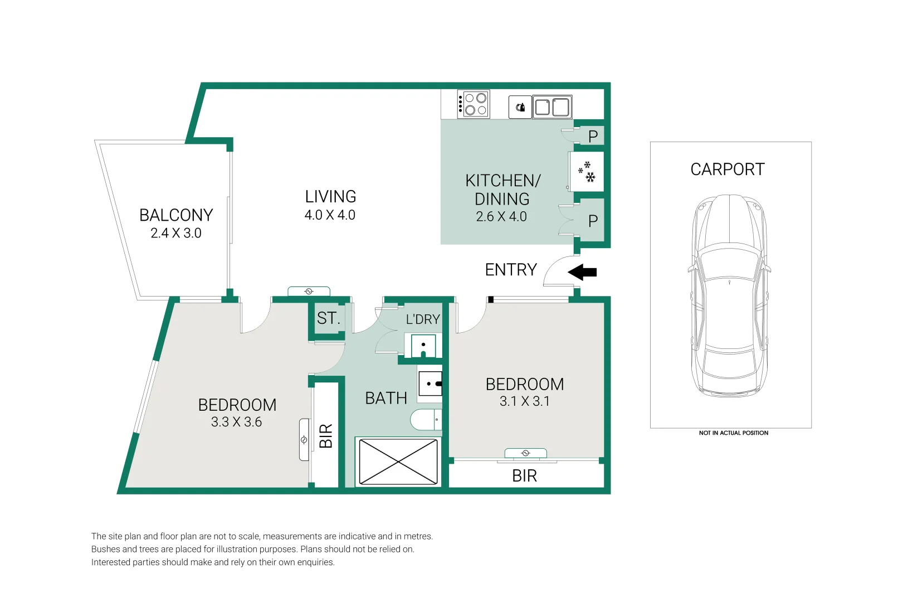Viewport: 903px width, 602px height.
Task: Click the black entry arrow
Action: [582, 273]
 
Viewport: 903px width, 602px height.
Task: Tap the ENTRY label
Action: [511, 270]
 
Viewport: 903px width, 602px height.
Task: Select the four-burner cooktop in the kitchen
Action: [474, 104]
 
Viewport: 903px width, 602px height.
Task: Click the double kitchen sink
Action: [552, 108]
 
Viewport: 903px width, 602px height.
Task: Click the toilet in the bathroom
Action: [426, 420]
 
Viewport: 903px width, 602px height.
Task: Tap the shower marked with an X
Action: [398, 462]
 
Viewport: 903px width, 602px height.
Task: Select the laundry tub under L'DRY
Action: [423, 346]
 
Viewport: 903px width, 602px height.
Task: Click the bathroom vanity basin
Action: [430, 383]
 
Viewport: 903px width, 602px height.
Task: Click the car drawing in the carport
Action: [729, 296]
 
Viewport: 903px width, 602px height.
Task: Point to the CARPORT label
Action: [727, 169]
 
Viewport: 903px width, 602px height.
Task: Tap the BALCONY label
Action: [176, 215]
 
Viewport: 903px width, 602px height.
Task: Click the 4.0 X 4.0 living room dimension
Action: [330, 215]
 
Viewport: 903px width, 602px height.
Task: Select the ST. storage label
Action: [329, 318]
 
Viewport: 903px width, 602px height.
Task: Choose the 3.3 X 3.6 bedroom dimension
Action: [237, 422]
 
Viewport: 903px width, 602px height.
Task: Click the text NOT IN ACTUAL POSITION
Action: [734, 433]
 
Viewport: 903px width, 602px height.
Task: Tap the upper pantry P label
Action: [593, 137]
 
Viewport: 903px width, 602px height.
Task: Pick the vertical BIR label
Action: [326, 436]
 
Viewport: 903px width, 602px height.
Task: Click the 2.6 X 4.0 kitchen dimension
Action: [501, 217]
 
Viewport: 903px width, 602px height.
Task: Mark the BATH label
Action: [386, 398]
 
